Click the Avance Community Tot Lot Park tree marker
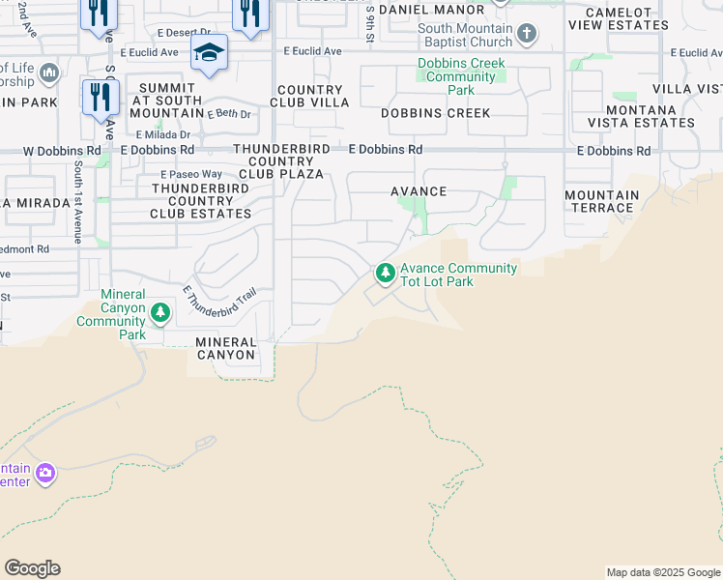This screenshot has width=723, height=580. pyautogui.click(x=386, y=275)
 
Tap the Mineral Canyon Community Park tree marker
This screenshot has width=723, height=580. pyautogui.click(x=160, y=313)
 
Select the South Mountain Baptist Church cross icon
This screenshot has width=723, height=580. pyautogui.click(x=526, y=36)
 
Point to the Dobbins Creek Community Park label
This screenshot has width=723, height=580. pyautogui.click(x=461, y=76)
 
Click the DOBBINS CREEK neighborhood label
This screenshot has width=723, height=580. pyautogui.click(x=436, y=113)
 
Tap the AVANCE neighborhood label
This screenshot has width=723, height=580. pyautogui.click(x=419, y=191)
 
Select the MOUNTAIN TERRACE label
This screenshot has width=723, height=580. pyautogui.click(x=601, y=201)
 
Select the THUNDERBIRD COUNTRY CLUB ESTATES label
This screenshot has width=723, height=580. pyautogui.click(x=201, y=200)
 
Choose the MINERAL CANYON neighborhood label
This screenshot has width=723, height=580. pyautogui.click(x=225, y=348)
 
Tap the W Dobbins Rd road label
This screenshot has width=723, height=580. pyautogui.click(x=61, y=151)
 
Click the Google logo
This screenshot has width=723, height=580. pyautogui.click(x=32, y=568)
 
